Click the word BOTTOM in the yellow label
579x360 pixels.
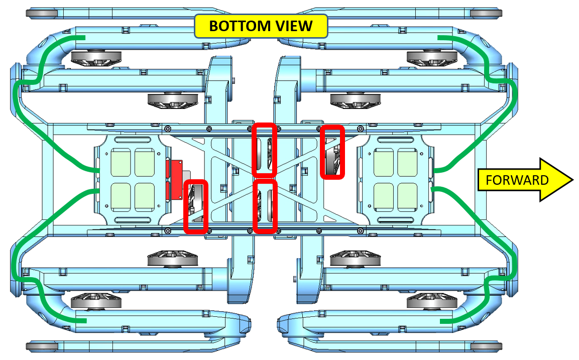pyautogui.click(x=240, y=26)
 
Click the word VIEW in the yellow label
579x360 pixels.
pyautogui.click(x=295, y=26)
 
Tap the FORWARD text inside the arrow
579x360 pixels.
pyautogui.click(x=517, y=180)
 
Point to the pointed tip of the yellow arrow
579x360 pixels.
pyautogui.click(x=572, y=180)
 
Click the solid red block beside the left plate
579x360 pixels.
pyautogui.click(x=174, y=179)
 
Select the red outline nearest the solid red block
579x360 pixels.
pyautogui.click(x=196, y=207)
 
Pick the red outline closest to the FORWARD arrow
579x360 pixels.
pyautogui.click(x=332, y=152)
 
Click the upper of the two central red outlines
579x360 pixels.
pyautogui.click(x=264, y=150)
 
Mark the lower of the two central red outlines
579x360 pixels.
pyautogui.click(x=265, y=206)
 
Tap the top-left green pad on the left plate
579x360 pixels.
pyautogui.click(x=121, y=163)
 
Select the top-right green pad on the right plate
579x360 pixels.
pyautogui.click(x=408, y=163)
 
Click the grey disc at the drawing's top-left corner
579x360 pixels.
pyautogui.click(x=42, y=14)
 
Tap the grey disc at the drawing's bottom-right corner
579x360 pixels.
pyautogui.click(x=486, y=346)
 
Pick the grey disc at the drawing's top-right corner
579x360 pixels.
pyautogui.click(x=486, y=14)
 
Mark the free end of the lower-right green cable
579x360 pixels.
pyautogui.click(x=441, y=322)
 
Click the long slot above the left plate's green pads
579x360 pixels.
pyautogui.click(x=133, y=140)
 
